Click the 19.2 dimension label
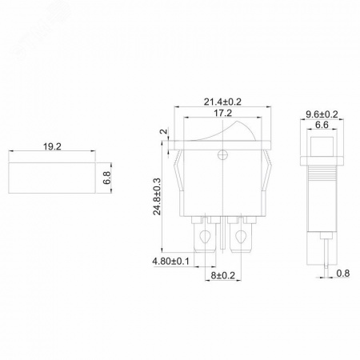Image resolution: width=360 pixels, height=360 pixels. [x=52, y=146]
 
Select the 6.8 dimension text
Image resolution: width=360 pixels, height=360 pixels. [x=106, y=178]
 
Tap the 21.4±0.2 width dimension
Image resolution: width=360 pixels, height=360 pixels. [x=222, y=102]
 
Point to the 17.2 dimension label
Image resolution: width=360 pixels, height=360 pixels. [x=222, y=113]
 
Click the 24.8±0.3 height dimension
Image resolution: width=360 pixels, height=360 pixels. [x=157, y=196]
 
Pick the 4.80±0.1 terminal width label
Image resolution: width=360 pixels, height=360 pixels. [x=170, y=262]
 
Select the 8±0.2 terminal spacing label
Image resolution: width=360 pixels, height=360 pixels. [x=223, y=275]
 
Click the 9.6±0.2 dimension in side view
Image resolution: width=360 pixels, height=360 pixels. [x=322, y=114]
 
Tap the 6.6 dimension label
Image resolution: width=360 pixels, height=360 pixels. [x=322, y=125]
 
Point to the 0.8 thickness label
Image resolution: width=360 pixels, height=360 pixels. [x=342, y=274]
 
